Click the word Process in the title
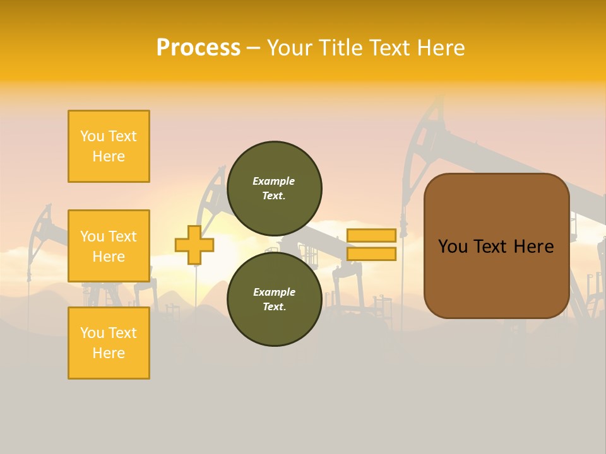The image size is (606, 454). click(198, 48)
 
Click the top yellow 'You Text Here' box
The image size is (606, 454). click(109, 146)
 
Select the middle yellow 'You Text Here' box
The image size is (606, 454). click(109, 246)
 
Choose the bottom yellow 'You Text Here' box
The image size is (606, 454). click(109, 343)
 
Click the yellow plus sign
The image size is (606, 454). click(194, 245)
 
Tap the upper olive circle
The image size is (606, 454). click(274, 188)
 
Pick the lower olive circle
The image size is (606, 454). click(274, 299)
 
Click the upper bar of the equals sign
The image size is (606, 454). click(371, 235)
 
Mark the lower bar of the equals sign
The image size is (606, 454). click(371, 254)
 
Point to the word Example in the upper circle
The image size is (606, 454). click(274, 181)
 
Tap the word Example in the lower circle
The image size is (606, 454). click(274, 292)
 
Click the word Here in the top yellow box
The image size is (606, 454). click(109, 156)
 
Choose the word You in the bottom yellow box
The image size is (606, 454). click(92, 333)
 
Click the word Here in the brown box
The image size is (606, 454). click(534, 247)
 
